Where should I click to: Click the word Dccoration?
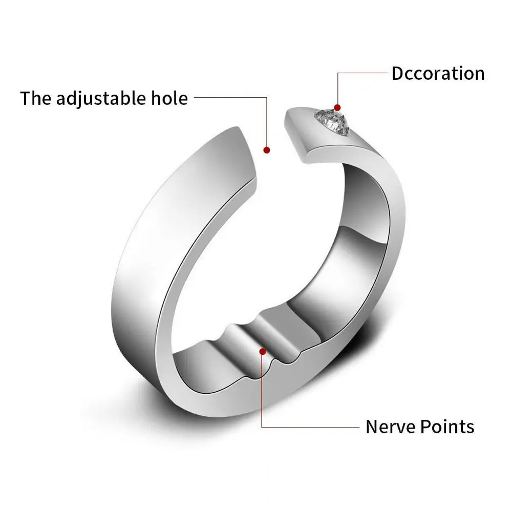[x=438, y=73]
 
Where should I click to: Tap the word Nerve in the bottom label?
[x=389, y=426]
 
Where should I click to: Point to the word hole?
[x=168, y=98]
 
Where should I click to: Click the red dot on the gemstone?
[x=337, y=108]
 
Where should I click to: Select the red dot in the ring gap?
[x=266, y=150]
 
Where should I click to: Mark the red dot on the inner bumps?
[x=263, y=351]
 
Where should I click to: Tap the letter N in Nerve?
[x=372, y=426]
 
